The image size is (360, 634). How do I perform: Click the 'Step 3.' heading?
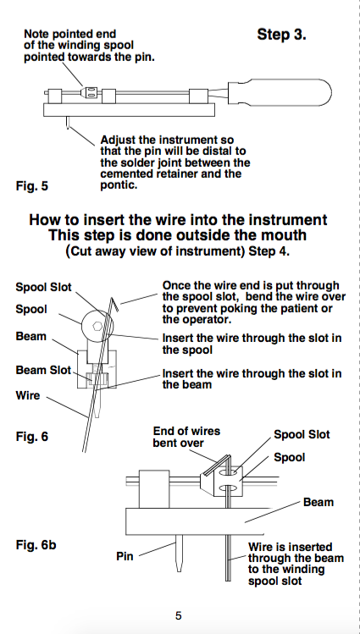[x=282, y=35]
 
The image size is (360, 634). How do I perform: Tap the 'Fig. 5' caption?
[x=32, y=186]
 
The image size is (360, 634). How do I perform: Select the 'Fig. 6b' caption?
[x=36, y=544]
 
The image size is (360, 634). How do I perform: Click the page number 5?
[x=179, y=616]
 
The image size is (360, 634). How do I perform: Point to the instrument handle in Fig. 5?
[x=279, y=92]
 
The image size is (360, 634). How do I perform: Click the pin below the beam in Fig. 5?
[x=67, y=123]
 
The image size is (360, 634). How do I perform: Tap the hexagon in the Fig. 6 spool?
[x=97, y=326]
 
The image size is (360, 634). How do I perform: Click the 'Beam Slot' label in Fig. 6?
[x=43, y=370]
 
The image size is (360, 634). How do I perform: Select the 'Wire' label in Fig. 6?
[x=28, y=395]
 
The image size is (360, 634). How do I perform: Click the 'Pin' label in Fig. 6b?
[x=125, y=556]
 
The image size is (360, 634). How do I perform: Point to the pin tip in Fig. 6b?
[x=179, y=571]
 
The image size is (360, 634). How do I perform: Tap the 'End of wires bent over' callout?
[x=186, y=437]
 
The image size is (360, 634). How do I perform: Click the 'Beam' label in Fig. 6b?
[x=318, y=502]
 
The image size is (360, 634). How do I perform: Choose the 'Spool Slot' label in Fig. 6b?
[x=302, y=435]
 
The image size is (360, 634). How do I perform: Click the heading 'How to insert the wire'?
[x=178, y=220]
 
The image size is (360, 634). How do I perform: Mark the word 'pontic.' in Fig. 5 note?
[x=119, y=186]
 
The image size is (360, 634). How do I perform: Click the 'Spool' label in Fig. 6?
[x=31, y=309]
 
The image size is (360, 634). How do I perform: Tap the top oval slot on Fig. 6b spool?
[x=229, y=471]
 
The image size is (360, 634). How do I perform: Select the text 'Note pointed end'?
[x=70, y=34]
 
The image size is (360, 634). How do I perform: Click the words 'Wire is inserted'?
[x=291, y=548]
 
